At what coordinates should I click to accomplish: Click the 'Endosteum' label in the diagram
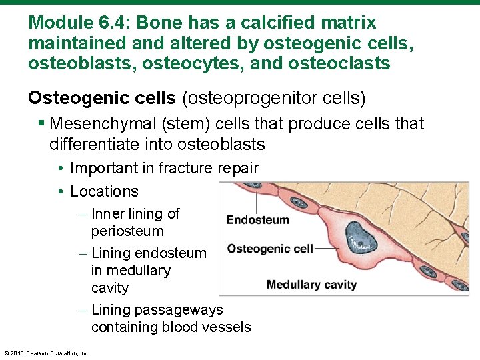pos(257,220)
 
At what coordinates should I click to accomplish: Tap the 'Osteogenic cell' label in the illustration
pos(269,249)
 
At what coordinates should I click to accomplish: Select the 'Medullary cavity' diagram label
pos(311,285)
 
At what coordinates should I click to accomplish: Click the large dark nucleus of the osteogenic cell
pos(362,237)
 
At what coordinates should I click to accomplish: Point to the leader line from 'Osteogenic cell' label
pos(327,249)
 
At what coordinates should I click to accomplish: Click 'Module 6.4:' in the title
pos(70,23)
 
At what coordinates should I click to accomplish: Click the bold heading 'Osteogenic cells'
pos(102,99)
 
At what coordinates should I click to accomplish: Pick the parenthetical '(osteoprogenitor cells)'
pos(273,99)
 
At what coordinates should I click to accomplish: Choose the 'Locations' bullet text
pos(104,191)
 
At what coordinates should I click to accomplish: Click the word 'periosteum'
pos(127,231)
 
